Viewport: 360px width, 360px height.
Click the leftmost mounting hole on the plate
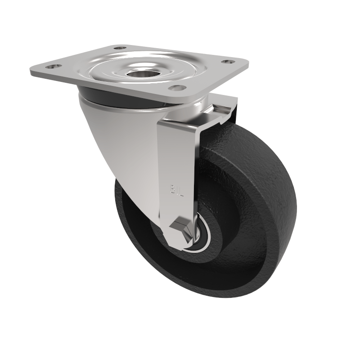pos(55,66)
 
